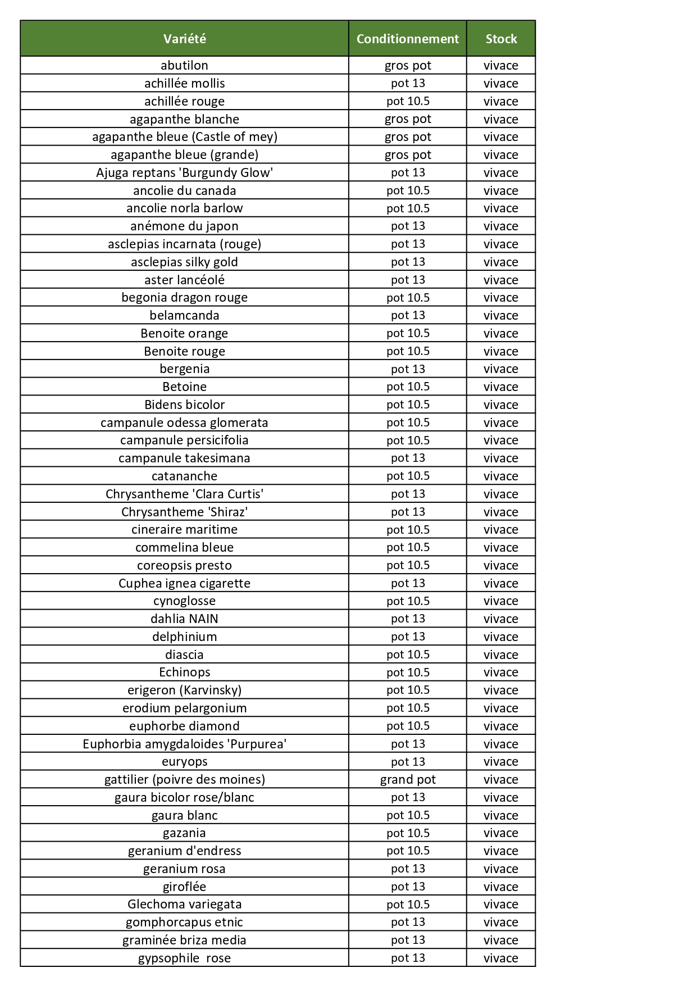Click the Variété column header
pos(184,39)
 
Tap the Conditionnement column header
pos(407,39)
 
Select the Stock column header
pos(500,39)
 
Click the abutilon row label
pos(184,65)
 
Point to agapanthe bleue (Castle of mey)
pos(184,137)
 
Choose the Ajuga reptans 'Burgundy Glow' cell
pos(184,172)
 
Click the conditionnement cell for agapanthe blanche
pos(407,119)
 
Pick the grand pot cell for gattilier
pos(407,779)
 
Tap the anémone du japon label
pos(184,226)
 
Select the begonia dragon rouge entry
pos(184,297)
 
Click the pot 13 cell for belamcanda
pos(407,315)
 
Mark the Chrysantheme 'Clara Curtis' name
pos(184,494)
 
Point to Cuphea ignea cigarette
pos(184,583)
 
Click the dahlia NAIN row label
pos(184,619)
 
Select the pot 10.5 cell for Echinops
pos(407,672)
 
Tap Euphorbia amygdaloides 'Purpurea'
pos(184,744)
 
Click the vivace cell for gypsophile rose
pos(500,958)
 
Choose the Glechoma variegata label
pos(184,904)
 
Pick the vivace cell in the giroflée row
pos(500,887)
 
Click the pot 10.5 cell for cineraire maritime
pos(407,529)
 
